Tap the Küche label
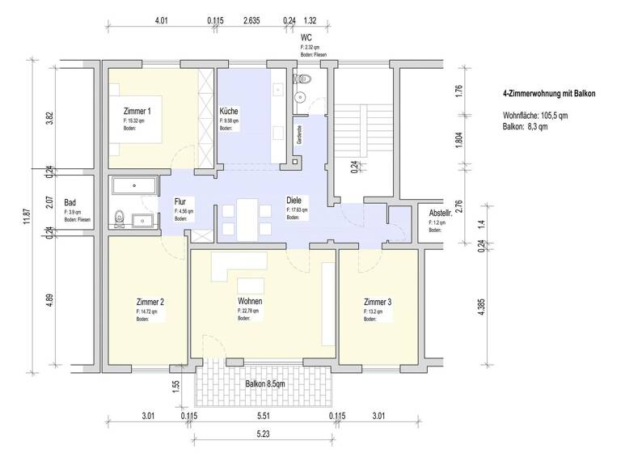[230, 111]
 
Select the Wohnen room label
[250, 301]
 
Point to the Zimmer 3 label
[378, 302]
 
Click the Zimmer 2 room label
[150, 302]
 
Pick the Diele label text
[295, 200]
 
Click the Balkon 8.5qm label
[264, 384]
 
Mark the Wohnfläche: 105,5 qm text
[535, 116]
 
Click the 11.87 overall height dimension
[27, 216]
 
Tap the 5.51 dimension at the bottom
[263, 417]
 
